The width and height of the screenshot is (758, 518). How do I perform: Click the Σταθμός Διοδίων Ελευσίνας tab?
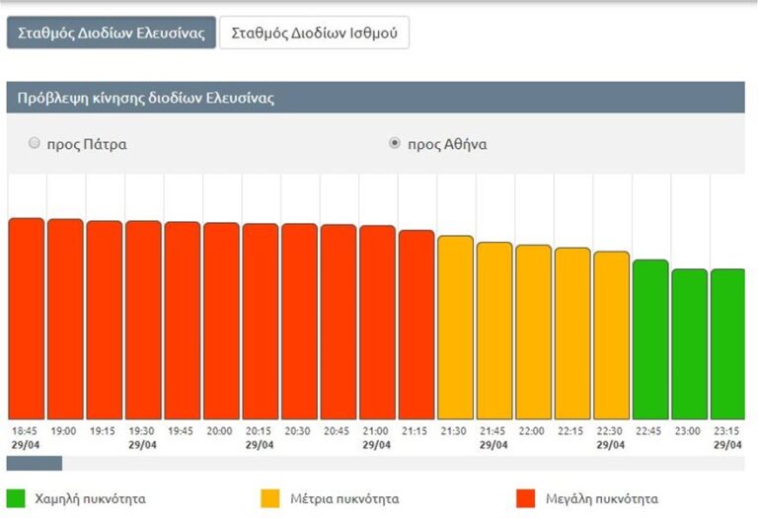coord(111,33)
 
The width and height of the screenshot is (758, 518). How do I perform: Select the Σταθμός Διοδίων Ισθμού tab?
coord(314,33)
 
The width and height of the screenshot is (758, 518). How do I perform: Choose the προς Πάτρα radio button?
coord(35,143)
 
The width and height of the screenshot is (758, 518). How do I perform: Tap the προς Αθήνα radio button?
coord(395,143)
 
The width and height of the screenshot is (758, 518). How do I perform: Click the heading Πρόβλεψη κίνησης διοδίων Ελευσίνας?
coord(146,99)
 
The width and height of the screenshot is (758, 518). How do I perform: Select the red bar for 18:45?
coord(27,319)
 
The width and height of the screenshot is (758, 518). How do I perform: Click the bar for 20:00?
coord(221,321)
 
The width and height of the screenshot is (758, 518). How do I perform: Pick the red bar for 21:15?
coord(417,325)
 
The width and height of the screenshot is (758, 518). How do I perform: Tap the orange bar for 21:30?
coord(455,328)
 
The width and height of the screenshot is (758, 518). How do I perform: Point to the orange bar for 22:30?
coord(611,335)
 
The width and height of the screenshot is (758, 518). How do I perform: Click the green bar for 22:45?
coord(650,339)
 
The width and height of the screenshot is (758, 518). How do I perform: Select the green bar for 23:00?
coord(689,344)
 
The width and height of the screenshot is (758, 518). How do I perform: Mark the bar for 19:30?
coord(143,320)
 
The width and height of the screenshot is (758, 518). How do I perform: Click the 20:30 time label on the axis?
coord(298,431)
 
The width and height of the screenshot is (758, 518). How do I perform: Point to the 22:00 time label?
coord(533,431)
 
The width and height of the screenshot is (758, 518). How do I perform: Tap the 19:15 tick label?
coord(103,431)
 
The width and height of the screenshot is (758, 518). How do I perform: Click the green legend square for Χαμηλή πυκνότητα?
coord(15,497)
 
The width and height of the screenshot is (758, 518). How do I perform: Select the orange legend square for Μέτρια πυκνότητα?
coord(270,497)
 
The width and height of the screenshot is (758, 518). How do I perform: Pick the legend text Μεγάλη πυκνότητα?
coord(601,498)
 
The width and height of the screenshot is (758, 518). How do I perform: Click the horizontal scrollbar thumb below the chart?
coord(35,463)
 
